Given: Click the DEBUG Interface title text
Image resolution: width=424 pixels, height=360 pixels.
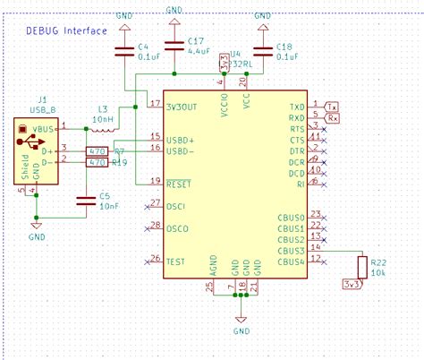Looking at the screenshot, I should (65, 30).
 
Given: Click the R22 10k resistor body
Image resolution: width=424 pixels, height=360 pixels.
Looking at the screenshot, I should (361, 266).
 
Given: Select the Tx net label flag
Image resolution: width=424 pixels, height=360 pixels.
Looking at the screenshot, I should (332, 107).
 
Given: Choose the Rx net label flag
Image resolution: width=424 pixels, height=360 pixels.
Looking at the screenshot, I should (332, 117).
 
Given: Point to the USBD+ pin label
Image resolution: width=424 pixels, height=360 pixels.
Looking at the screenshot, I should (181, 139).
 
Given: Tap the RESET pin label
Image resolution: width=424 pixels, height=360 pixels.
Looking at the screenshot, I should (179, 183).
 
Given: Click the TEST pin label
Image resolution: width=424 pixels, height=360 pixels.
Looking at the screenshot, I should (176, 261).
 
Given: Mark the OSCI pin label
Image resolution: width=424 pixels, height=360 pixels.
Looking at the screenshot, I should (176, 206).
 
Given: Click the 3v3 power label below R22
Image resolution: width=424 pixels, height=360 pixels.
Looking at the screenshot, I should (352, 285).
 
